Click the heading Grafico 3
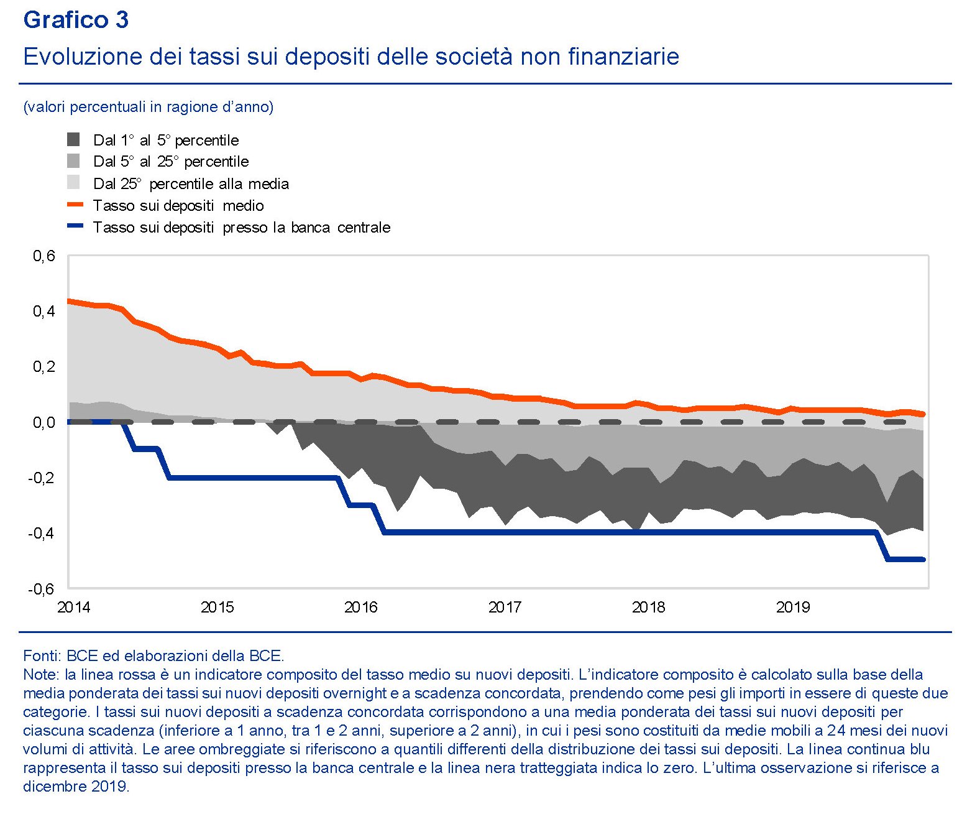(x=76, y=20)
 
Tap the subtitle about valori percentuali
(x=148, y=107)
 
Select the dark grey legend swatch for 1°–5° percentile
(x=73, y=139)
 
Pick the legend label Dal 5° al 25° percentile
(x=171, y=162)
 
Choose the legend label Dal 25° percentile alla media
(x=191, y=183)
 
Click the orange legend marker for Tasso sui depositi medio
(x=75, y=204)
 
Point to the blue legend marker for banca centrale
(x=75, y=226)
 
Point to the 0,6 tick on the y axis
(x=44, y=256)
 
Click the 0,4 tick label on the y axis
(x=44, y=311)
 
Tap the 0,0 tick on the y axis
(x=44, y=422)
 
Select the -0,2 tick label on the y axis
(x=42, y=478)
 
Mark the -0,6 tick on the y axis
(x=42, y=588)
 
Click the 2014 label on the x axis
(x=73, y=607)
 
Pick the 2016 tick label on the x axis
(x=361, y=607)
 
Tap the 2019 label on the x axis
(x=793, y=607)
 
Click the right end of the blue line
(x=923, y=560)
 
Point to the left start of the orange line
(x=69, y=301)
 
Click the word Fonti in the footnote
(x=41, y=655)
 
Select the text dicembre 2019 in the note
(x=76, y=786)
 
